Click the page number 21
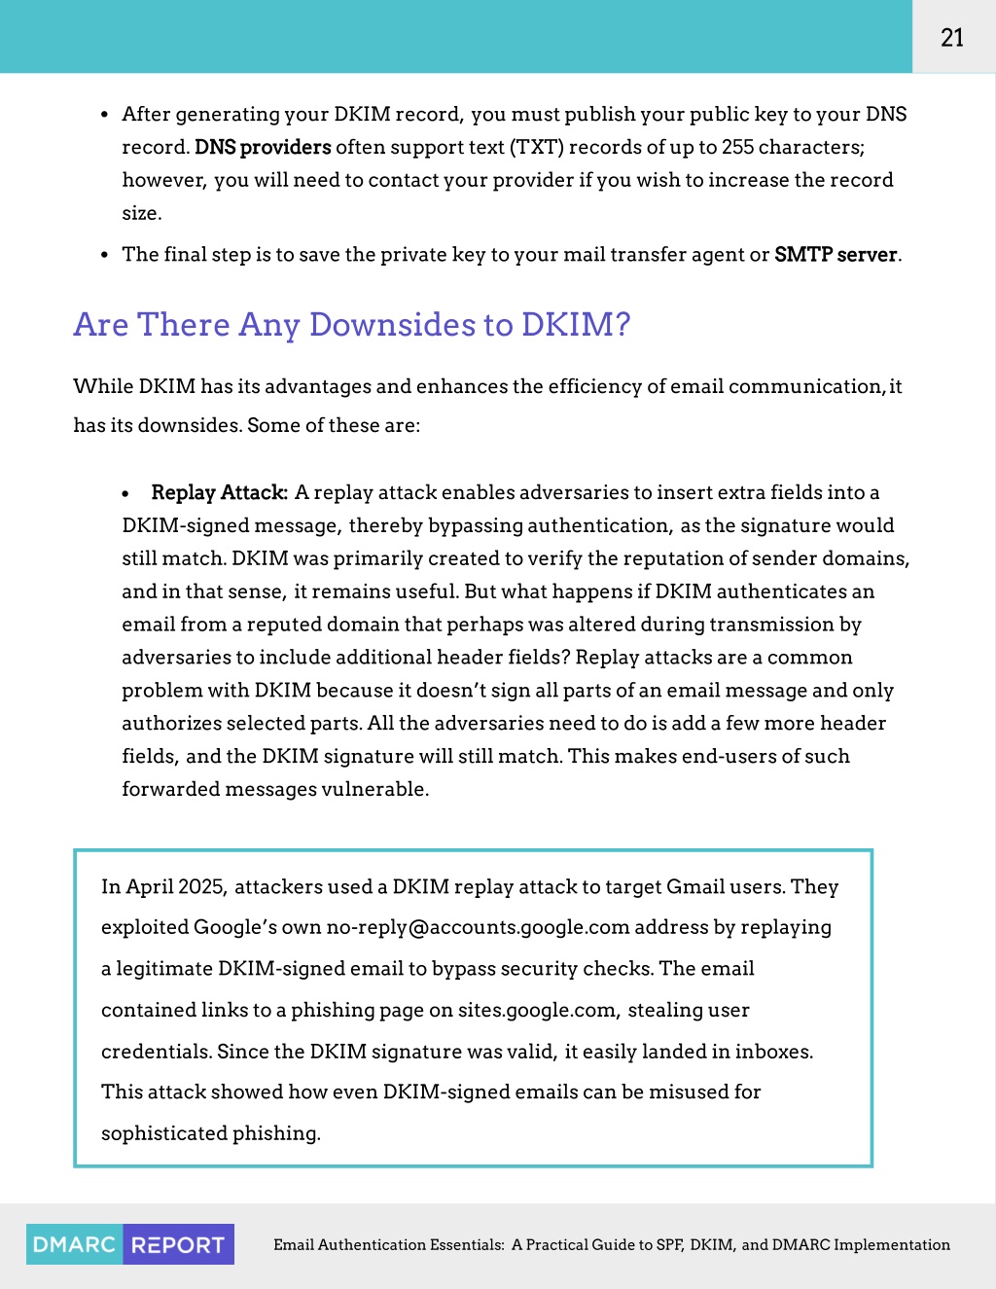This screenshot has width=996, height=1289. [x=952, y=38]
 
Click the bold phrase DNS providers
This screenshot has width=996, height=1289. [x=263, y=147]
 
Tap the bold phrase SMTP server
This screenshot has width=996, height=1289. [x=836, y=255]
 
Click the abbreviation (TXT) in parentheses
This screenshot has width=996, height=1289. [x=536, y=147]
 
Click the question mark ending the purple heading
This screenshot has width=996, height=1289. [x=622, y=325]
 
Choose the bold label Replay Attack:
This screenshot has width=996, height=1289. [x=219, y=492]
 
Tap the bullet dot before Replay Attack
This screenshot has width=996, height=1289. [x=125, y=494]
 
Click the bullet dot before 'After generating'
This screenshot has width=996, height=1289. [x=104, y=115]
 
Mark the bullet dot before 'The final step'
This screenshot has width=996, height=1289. [x=104, y=256]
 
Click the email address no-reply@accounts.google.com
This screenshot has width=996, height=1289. [x=478, y=927]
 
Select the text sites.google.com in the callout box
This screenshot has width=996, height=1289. [x=537, y=1010]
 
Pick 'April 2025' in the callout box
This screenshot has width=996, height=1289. [x=176, y=887]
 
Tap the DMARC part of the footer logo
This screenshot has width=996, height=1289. [x=75, y=1245]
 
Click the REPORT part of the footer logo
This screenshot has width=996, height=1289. [x=178, y=1245]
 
